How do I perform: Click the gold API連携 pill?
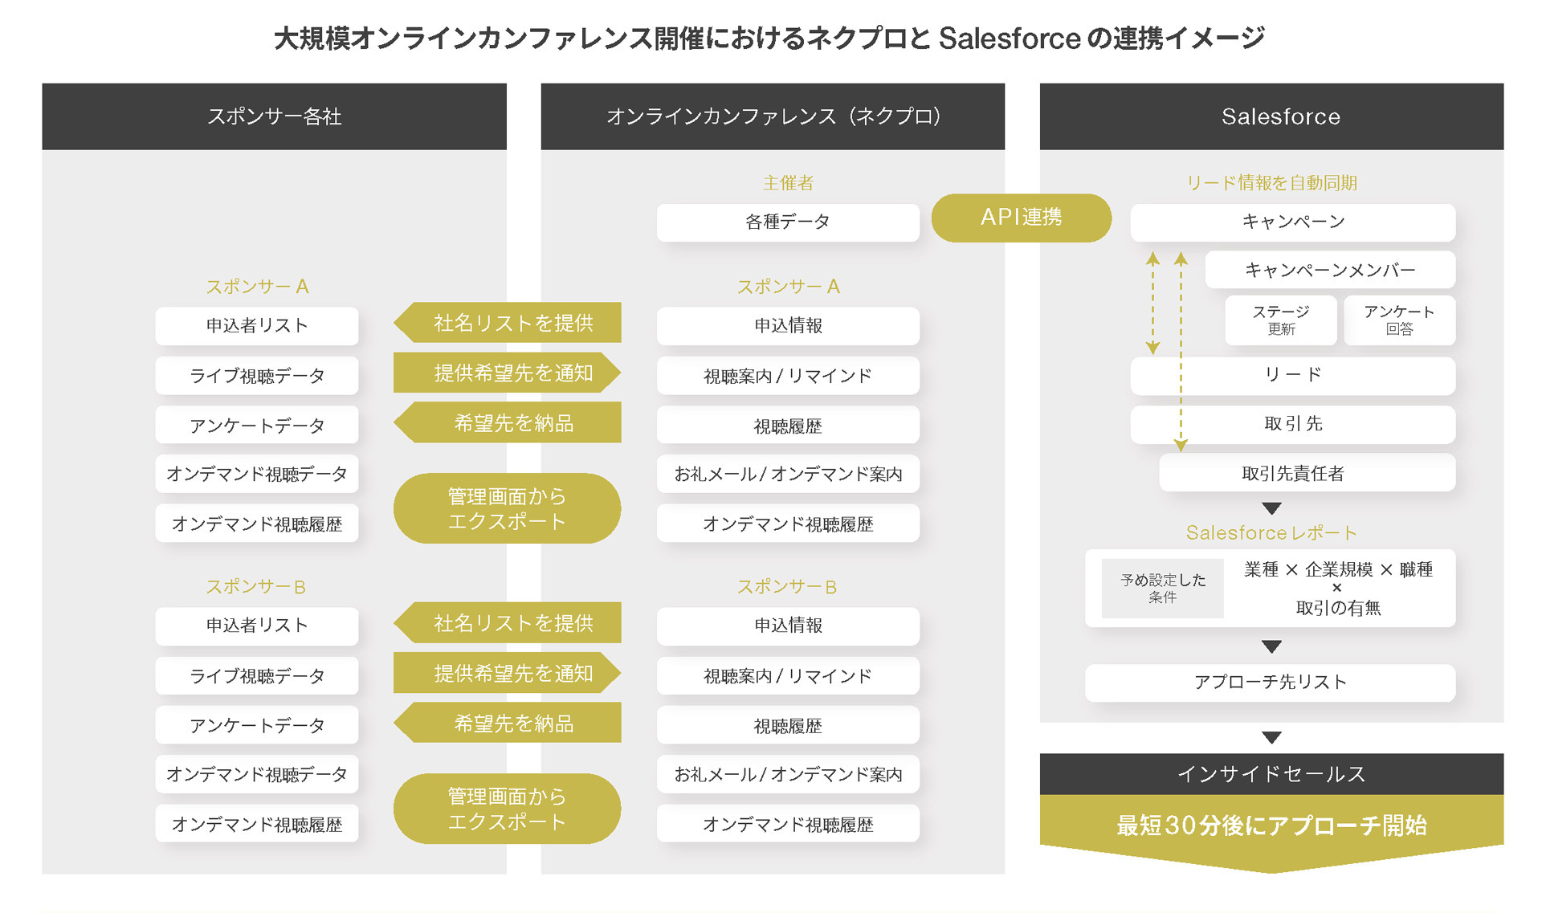coord(1021,218)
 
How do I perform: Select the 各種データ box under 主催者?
coord(787,222)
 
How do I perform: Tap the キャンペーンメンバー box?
coord(1329,271)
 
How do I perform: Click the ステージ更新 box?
coord(1280,320)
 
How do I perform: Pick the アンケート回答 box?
coord(1399,320)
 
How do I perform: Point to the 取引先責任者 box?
coord(1307,473)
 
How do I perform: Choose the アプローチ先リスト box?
coord(1270,683)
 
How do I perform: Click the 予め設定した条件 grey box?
coord(1162,588)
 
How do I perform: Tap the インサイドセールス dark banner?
coord(1271,774)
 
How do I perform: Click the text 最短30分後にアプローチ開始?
coord(1271,825)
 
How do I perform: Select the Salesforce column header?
coord(1280,117)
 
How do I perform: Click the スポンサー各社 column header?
coord(274,117)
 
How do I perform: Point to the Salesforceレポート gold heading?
coord(1271,533)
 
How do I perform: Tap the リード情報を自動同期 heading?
coord(1271,183)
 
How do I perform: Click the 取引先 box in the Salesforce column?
coord(1292,424)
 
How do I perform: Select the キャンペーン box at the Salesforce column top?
coord(1292,222)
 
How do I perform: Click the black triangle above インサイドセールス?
coord(1271,737)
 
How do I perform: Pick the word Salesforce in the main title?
coord(1009,39)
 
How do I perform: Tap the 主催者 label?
coord(787,183)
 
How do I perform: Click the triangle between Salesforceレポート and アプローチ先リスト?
coord(1271,646)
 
